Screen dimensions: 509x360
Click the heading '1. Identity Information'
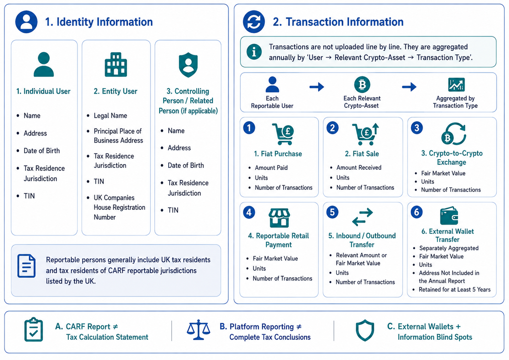[99, 22]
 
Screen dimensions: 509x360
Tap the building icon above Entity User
[116, 65]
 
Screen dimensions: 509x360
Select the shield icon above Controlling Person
[188, 65]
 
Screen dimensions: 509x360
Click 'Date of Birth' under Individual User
[42, 151]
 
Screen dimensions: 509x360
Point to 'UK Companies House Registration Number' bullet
[119, 207]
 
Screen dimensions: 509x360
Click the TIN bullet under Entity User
[99, 182]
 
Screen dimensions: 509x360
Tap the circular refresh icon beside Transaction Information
[254, 22]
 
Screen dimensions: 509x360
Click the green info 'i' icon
[254, 52]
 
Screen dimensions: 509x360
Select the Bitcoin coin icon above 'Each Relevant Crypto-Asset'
[362, 84]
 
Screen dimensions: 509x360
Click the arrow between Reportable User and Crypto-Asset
[317, 87]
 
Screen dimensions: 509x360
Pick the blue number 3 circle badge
[417, 128]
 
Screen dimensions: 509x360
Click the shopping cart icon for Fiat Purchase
[283, 134]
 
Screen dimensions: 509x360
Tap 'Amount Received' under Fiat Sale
[359, 167]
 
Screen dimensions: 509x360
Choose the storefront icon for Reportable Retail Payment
[279, 218]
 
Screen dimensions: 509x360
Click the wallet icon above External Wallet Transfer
[449, 216]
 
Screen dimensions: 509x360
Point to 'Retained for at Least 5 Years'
[455, 290]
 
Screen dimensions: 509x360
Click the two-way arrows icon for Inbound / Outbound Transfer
[362, 217]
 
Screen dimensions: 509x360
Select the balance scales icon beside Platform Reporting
[198, 330]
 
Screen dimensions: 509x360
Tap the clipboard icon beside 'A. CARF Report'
[34, 330]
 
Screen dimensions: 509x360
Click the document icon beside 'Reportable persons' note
[27, 266]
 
